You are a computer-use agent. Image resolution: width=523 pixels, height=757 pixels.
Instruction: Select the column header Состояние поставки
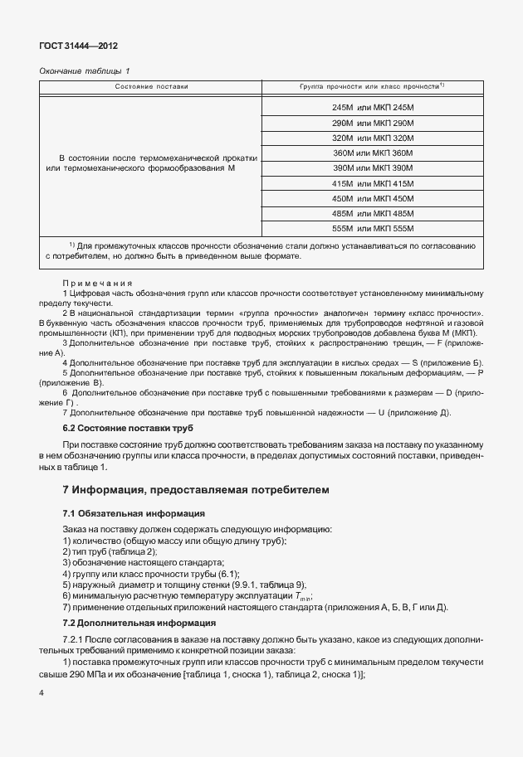(x=152, y=86)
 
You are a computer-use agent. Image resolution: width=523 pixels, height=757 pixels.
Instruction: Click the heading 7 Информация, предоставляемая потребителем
(x=196, y=490)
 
